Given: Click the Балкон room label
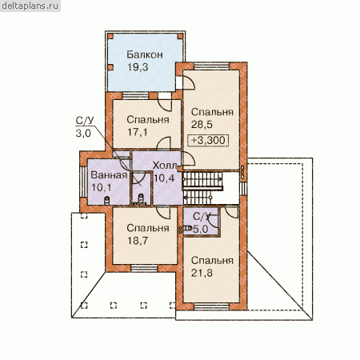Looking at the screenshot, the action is pos(145,54).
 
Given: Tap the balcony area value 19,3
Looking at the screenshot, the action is pos(138,67).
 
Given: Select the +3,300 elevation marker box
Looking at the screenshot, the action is pos(208,140).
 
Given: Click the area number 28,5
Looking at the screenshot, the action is pos(202,125).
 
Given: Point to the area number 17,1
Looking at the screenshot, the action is pos(138,132).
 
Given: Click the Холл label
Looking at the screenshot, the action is pos(165,166).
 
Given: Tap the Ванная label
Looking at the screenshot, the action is pos(109,175).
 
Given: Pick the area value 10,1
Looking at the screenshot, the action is pos(102,188).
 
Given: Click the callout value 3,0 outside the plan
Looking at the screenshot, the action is pos(83,133).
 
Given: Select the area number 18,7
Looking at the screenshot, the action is pos(138,241).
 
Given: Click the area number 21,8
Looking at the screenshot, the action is pos(202,273).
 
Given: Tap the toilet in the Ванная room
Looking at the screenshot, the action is pos(106,200).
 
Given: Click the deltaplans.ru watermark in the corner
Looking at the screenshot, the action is pos(30,6).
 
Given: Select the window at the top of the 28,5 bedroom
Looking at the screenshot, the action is pos(211,66).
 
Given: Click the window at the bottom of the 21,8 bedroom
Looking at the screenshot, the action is pos(211,306).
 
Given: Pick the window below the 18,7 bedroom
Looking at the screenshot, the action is pos(144,268).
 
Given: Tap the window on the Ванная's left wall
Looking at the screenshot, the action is pos(83,182).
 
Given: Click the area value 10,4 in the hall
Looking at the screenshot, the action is pos(164,178).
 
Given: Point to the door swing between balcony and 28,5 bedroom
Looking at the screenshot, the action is pos(189,82).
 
